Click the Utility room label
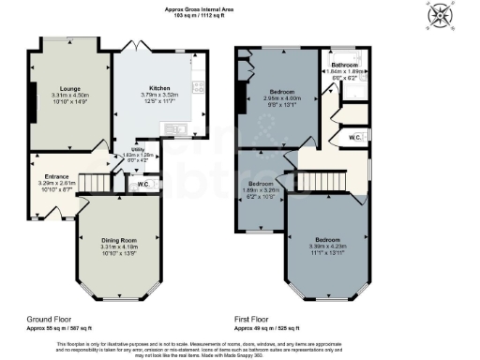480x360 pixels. [137, 148]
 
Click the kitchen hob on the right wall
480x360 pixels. [199, 89]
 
